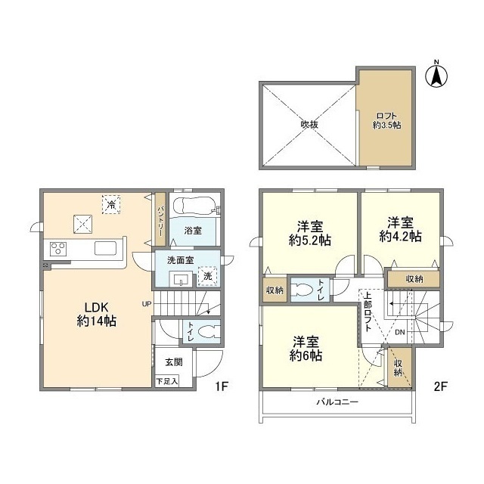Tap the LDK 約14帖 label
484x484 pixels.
point(96,315)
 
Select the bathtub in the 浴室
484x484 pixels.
point(194,205)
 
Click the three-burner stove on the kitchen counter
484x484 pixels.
point(58,249)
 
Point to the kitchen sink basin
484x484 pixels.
point(106,248)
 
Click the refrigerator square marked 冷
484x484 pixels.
point(111,204)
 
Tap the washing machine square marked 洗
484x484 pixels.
point(207,276)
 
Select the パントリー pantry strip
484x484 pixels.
point(160,219)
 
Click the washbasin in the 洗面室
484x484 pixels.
point(180,280)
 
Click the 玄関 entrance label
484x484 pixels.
point(174,362)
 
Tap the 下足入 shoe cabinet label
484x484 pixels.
point(166,381)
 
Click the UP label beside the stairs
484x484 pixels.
point(147,304)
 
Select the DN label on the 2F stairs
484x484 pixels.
point(400,333)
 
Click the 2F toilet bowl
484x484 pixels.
point(304,290)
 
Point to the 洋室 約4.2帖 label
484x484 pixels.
point(400,229)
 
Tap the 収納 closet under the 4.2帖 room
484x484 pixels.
point(414,279)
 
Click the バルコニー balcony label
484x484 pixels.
point(337,402)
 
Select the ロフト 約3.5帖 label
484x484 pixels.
point(386,121)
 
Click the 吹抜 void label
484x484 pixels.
point(309,124)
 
